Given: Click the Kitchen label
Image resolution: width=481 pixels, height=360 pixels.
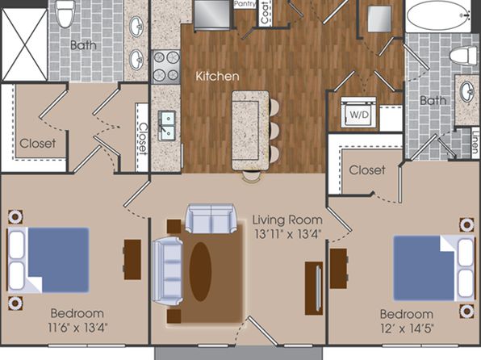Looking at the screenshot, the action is coord(217,77).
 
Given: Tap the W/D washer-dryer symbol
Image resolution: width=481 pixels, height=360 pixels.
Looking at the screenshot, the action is coord(358,113).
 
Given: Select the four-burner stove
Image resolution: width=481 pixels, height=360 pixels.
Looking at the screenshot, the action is coord(166,67).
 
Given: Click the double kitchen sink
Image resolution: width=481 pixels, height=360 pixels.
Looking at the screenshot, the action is coord(167,126).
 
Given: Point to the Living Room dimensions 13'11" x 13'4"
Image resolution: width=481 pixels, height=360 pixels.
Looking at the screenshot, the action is coord(287,235).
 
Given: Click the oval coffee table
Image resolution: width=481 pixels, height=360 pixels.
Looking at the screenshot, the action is coord(200,271).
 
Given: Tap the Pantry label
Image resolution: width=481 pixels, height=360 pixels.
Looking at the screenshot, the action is coord(245,4).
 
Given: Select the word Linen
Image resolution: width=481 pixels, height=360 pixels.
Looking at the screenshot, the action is coord(475,142).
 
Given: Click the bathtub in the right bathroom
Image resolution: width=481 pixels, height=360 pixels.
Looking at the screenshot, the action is coord(438,15).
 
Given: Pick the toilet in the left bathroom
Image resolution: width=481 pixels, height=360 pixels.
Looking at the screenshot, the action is coord(65,14).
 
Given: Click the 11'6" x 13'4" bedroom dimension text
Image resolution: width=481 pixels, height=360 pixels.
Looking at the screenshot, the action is coord(77,328).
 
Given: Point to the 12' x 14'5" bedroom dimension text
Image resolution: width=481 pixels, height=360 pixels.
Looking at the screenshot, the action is coord(407,329).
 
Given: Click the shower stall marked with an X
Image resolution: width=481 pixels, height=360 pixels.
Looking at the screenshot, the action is coord(24,44).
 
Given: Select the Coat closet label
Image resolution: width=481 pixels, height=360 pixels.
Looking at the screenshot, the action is coord(265,12).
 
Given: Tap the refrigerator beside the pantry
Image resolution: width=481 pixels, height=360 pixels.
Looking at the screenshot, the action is coord(212,15).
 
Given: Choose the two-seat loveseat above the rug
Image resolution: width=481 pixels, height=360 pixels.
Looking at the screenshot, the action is coord(211,219).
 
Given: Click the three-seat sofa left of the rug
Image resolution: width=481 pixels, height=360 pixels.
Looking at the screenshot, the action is coord(168,270).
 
